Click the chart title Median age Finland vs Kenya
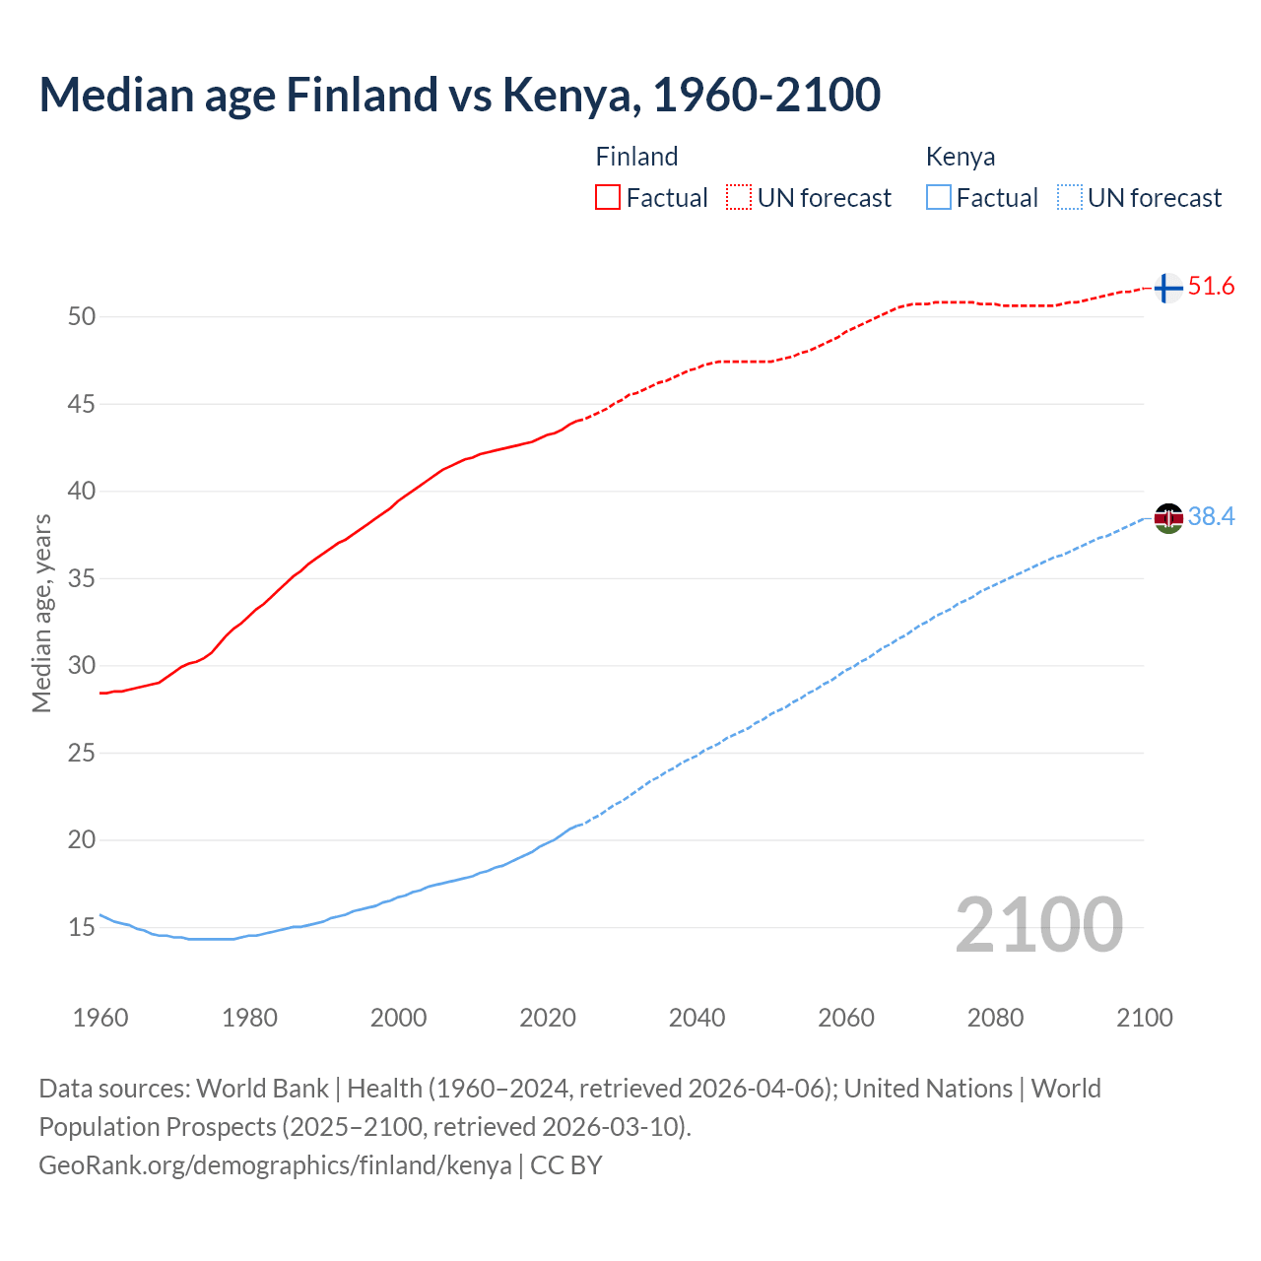tap(459, 95)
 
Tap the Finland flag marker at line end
tap(1167, 288)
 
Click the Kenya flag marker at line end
tap(1168, 518)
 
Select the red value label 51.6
tap(1211, 287)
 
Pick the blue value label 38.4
tap(1211, 517)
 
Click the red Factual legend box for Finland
tap(608, 198)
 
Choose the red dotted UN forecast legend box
tap(739, 198)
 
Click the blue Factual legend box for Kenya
tap(939, 198)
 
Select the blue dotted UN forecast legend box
tap(1070, 198)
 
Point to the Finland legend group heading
tap(636, 157)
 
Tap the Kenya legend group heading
tap(961, 157)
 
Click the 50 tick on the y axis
tap(82, 317)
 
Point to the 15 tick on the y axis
tap(82, 928)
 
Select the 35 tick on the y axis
tap(82, 578)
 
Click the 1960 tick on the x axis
tap(100, 1018)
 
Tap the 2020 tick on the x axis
tap(548, 1018)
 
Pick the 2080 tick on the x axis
tap(995, 1018)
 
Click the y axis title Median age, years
tap(41, 613)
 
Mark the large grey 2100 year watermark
tap(1038, 925)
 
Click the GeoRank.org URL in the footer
tap(275, 1165)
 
